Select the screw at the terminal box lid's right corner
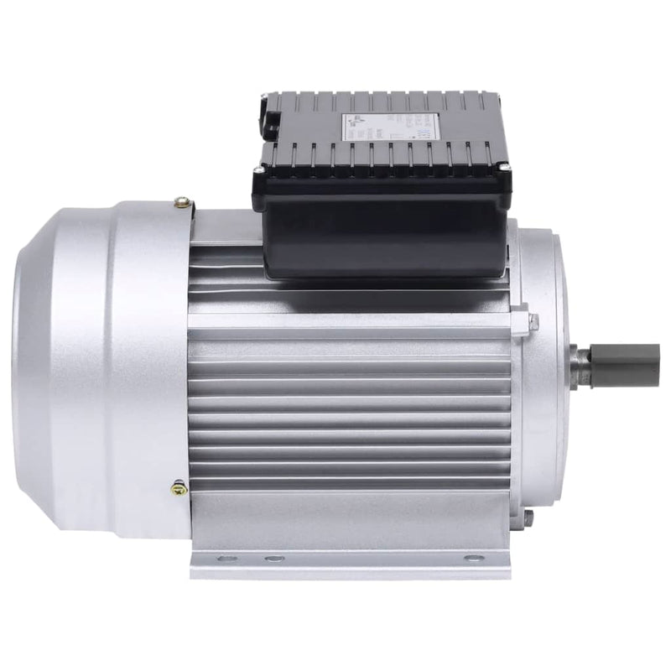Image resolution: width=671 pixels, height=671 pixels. click(x=505, y=169)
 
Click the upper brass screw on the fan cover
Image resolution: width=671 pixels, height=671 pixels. click(x=180, y=201)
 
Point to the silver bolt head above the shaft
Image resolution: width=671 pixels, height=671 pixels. click(x=533, y=319)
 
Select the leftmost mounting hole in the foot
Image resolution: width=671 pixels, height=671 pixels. click(x=222, y=559)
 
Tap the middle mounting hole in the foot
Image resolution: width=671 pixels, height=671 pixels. click(x=272, y=559)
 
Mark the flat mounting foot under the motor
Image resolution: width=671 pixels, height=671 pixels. click(x=352, y=558)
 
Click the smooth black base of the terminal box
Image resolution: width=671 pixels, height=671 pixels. click(x=386, y=231)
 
